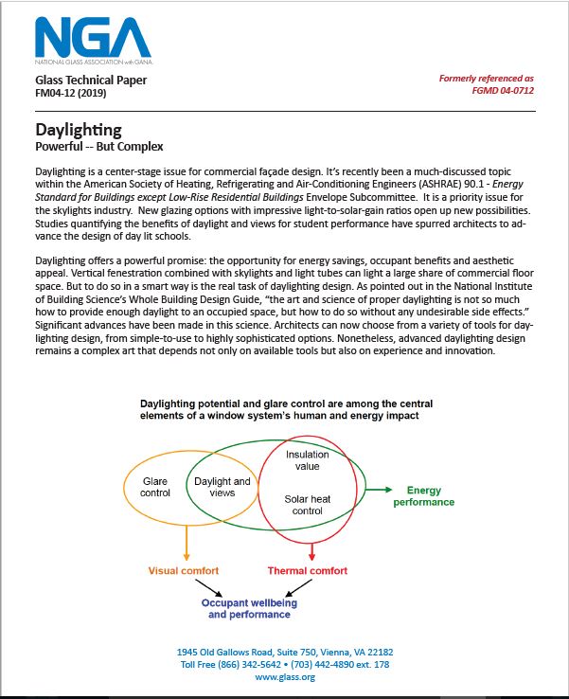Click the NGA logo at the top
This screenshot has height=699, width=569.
click(x=92, y=39)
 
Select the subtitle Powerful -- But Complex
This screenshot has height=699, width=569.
click(x=99, y=147)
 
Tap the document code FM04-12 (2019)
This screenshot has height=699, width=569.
click(x=79, y=95)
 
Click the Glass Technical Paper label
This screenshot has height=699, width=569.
click(x=91, y=81)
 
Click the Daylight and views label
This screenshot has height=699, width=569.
click(x=222, y=487)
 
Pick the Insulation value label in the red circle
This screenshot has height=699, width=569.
click(x=307, y=460)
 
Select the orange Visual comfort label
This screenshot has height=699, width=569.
click(x=184, y=571)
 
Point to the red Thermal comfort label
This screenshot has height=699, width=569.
click(x=308, y=571)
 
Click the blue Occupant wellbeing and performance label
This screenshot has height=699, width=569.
click(x=249, y=608)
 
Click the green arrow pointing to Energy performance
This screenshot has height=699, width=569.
click(x=378, y=490)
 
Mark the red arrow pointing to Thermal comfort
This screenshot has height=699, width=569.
click(x=311, y=552)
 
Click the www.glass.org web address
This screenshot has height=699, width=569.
click(x=284, y=677)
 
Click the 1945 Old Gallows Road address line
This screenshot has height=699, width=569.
click(x=284, y=653)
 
